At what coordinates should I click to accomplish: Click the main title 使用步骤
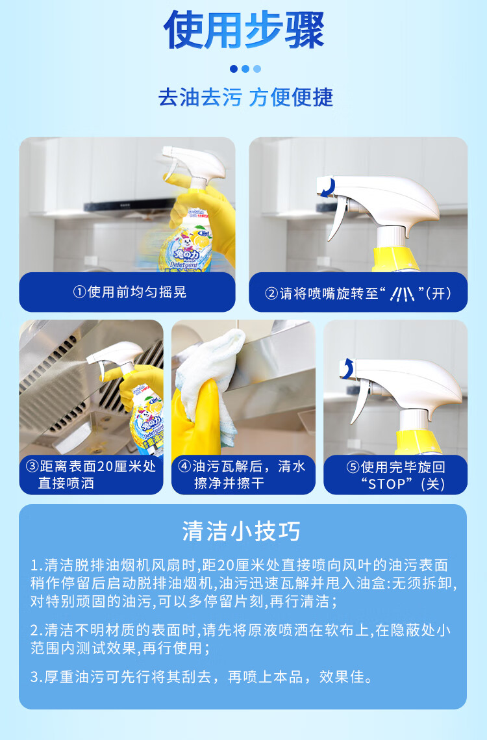[244, 30]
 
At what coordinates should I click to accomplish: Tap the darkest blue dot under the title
[234, 69]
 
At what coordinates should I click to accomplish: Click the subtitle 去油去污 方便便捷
[245, 97]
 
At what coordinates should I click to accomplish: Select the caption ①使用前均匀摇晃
[130, 292]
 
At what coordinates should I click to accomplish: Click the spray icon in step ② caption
[403, 294]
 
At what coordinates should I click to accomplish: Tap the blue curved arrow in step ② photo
[328, 187]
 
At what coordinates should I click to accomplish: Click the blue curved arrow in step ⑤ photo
[348, 368]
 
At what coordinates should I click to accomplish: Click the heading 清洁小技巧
[242, 531]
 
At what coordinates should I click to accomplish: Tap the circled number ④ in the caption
[184, 466]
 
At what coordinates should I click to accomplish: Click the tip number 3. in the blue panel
[37, 677]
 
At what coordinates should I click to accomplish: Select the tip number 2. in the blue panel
[37, 630]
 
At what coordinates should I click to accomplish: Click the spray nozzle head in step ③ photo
[115, 354]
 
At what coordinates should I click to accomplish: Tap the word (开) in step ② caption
[438, 294]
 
